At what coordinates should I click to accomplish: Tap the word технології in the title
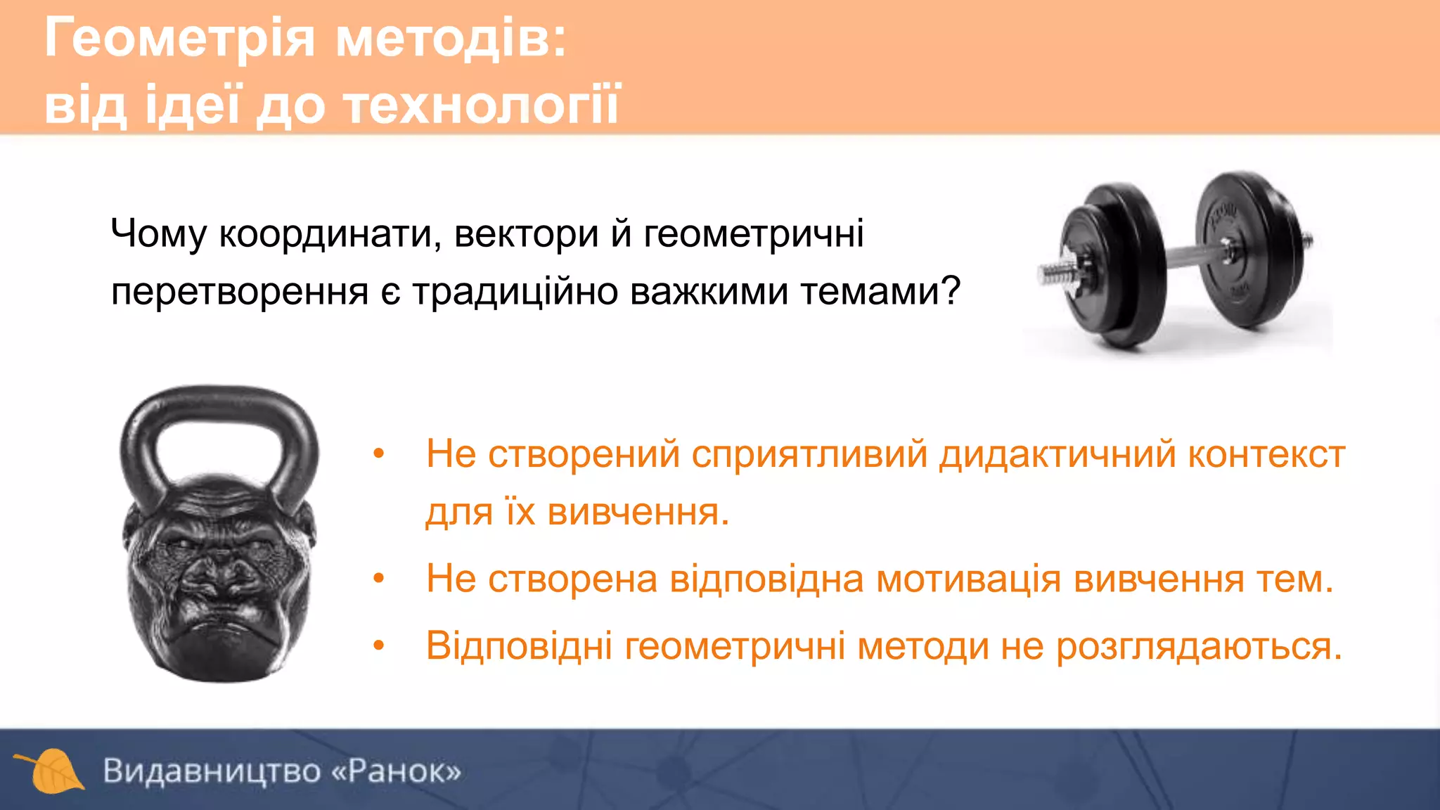(481, 105)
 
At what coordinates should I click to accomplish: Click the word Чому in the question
(158, 234)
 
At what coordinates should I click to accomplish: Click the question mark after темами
(951, 291)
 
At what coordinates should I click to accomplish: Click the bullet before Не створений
(379, 454)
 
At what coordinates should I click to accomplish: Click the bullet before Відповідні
(379, 645)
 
